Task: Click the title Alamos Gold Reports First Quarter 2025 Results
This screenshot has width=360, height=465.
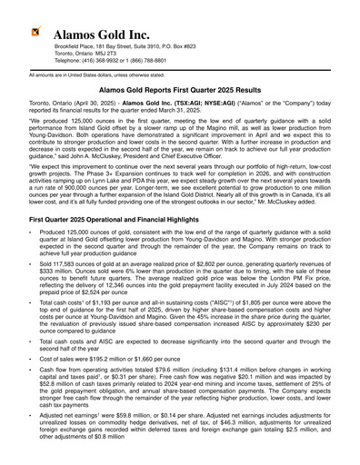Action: coord(180,91)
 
